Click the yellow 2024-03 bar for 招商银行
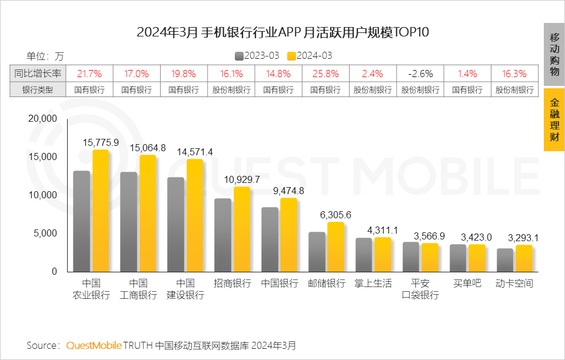point(242,229)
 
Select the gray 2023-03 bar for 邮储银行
point(317,252)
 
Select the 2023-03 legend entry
point(257,56)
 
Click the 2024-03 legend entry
point(310,56)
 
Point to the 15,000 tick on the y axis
point(42,157)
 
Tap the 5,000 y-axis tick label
point(45,234)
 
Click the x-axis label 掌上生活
point(373,284)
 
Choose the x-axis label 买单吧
point(467,284)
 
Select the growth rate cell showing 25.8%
point(325,74)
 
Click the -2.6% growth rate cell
point(420,74)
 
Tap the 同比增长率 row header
point(38,74)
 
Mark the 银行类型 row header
point(38,90)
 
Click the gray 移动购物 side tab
point(554,54)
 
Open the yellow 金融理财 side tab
point(554,120)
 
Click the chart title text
point(282,32)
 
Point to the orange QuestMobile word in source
point(94,345)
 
